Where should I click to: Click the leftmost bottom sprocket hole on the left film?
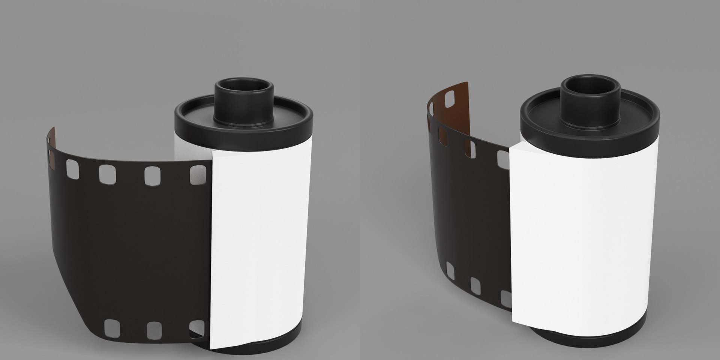pos(112,327)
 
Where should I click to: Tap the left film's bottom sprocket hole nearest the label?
pos(196,328)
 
